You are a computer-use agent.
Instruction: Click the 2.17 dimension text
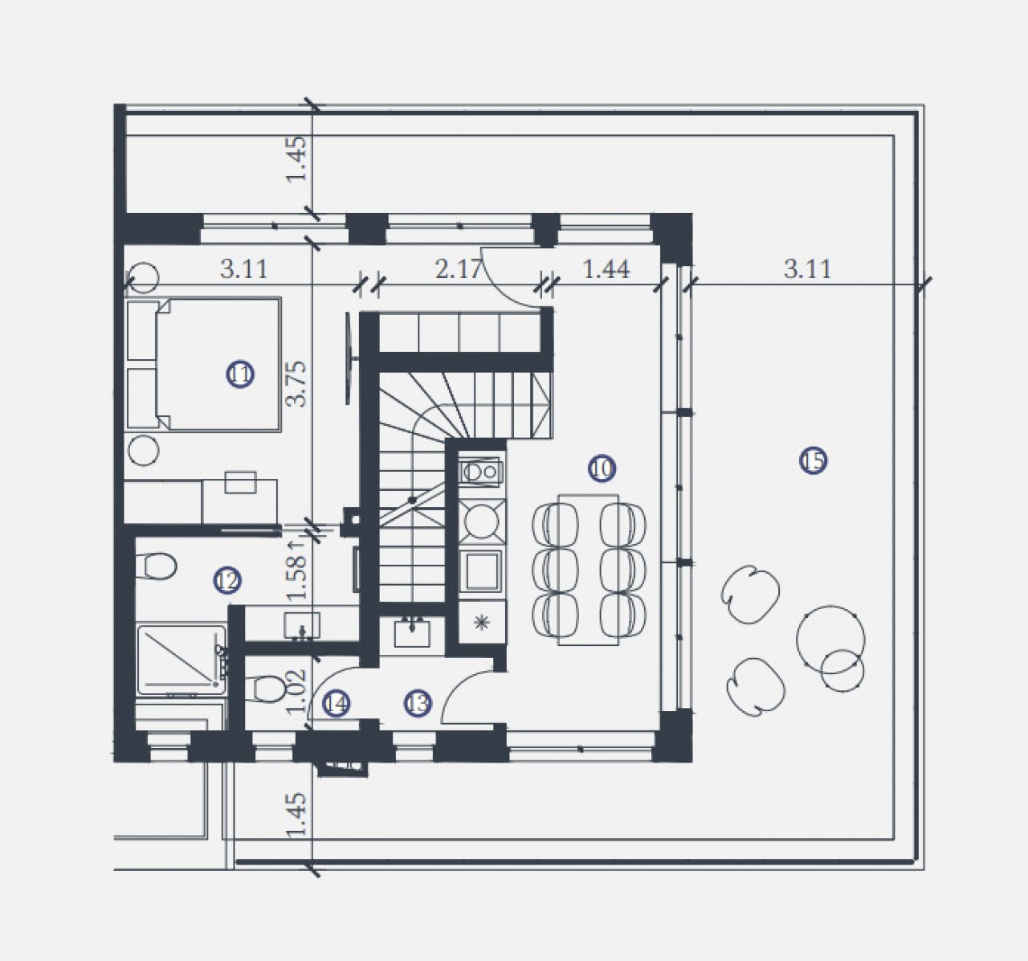click(459, 269)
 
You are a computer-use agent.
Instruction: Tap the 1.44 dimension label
click(606, 269)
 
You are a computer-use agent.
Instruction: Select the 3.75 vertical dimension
click(297, 384)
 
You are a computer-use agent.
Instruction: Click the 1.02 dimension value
click(297, 691)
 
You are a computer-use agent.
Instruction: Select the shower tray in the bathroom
click(182, 660)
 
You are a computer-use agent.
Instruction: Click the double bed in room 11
click(203, 365)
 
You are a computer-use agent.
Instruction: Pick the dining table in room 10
click(589, 570)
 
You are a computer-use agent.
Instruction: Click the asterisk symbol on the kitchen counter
click(482, 622)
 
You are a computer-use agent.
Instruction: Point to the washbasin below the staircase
click(411, 633)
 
